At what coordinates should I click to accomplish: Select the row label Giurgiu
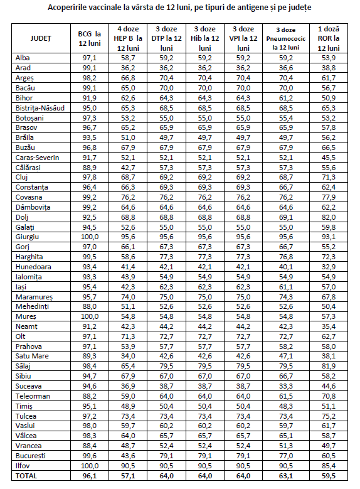click(28, 237)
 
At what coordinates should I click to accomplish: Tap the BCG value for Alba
click(88, 57)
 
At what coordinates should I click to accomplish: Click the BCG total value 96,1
click(88, 476)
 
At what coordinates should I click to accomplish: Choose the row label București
click(31, 456)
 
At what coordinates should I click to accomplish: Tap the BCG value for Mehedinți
click(88, 306)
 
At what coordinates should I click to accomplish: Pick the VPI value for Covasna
click(243, 197)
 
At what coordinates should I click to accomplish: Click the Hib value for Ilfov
click(204, 466)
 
